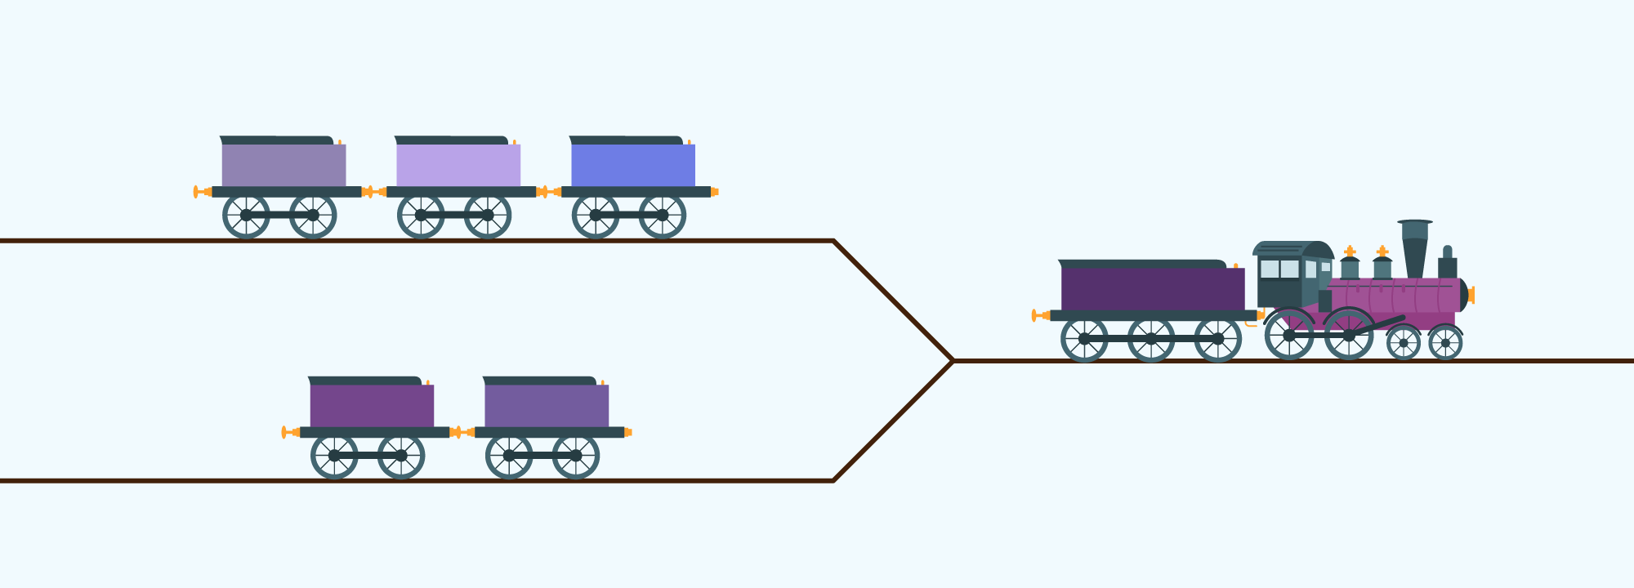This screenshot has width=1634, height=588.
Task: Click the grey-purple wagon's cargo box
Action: (x=283, y=165)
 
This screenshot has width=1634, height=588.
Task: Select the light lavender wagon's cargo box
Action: (x=458, y=165)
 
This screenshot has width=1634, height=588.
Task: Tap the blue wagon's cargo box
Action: (x=633, y=165)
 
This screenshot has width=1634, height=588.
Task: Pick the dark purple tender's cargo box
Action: (x=1153, y=289)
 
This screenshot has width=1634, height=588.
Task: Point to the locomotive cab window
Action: (x=1279, y=269)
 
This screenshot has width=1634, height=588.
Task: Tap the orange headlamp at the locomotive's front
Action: (x=1471, y=295)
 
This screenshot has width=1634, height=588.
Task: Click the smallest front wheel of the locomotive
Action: (x=1445, y=343)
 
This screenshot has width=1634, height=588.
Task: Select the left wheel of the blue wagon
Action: (x=596, y=216)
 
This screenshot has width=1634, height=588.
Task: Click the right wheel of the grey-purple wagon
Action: (x=313, y=216)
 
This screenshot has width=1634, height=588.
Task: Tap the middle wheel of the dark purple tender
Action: (x=1151, y=339)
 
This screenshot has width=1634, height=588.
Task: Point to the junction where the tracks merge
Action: (x=953, y=360)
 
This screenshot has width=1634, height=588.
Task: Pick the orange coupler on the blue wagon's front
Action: (x=715, y=192)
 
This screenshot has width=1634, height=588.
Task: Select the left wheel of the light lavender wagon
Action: (x=421, y=216)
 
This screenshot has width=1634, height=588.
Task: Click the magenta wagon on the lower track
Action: (x=372, y=406)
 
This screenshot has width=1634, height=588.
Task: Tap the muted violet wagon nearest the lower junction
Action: (x=547, y=406)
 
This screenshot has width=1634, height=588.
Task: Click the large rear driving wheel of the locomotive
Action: (x=1289, y=335)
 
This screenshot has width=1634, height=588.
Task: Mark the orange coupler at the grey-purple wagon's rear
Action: (x=199, y=192)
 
